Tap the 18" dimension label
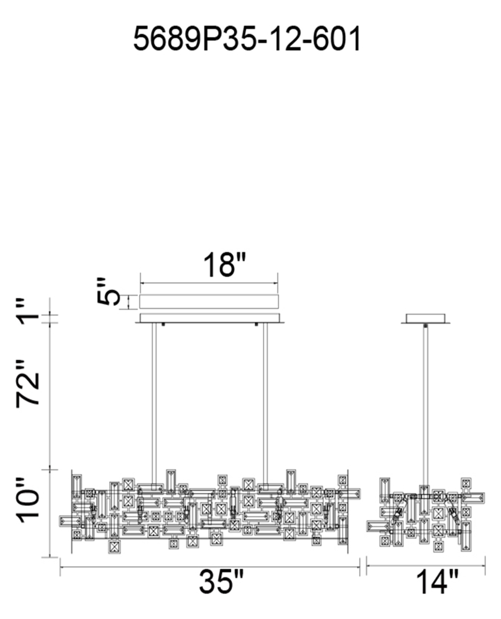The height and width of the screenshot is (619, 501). [x=224, y=264]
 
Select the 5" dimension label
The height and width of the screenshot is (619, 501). [x=108, y=291]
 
